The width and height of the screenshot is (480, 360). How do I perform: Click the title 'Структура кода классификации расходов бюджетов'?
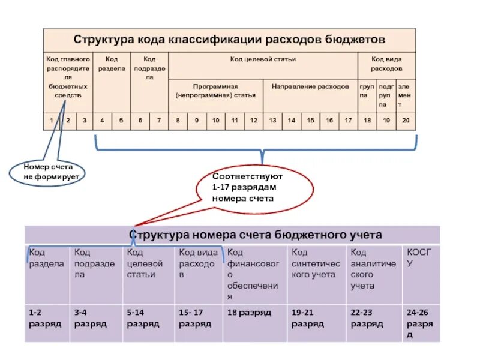tap(229, 40)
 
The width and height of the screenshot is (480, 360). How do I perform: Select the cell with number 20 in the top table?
tap(406, 121)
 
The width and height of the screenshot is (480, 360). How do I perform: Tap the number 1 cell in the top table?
tap(52, 121)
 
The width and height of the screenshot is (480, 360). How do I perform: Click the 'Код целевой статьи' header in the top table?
tap(263, 59)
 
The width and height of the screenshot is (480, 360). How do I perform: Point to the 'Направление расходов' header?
tap(310, 86)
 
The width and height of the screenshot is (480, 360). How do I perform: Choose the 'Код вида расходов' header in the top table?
tap(386, 64)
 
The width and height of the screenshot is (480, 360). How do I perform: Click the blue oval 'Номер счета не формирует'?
tap(47, 172)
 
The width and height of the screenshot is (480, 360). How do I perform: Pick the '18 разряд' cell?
tap(249, 313)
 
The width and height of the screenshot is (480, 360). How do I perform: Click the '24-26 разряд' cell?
tap(421, 323)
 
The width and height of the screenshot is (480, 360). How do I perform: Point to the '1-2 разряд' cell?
tap(46, 318)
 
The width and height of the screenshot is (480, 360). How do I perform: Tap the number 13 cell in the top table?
tap(272, 121)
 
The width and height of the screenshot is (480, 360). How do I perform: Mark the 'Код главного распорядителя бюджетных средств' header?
tap(68, 77)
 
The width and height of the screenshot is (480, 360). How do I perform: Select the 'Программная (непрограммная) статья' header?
tap(216, 91)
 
